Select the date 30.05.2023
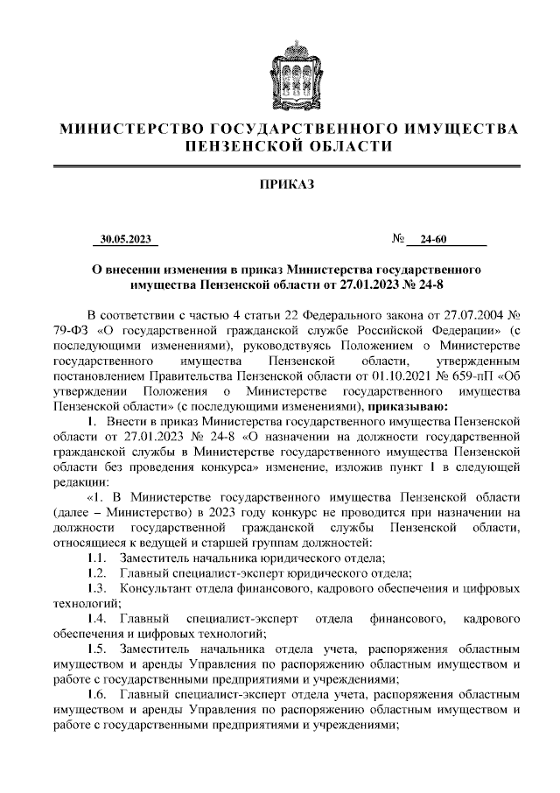click(126, 240)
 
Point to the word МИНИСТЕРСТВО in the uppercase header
click(119, 130)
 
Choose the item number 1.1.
click(97, 558)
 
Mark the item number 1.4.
click(97, 620)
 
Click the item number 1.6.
click(97, 695)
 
